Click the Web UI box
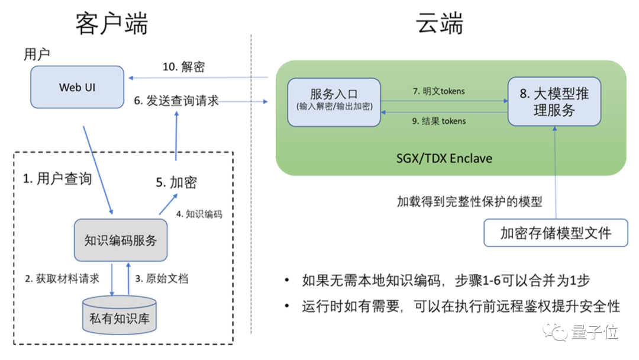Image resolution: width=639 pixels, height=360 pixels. (x=78, y=87)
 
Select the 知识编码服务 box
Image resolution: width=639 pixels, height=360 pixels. (x=121, y=240)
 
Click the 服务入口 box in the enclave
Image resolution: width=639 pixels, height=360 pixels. (x=334, y=101)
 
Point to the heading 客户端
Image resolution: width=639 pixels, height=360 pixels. (x=111, y=24)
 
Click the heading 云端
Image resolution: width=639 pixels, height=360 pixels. (x=440, y=24)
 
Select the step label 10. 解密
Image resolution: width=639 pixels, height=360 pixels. (x=183, y=67)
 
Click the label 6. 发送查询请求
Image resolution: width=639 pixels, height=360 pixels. (x=176, y=101)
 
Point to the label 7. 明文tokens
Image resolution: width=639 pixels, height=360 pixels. (x=438, y=91)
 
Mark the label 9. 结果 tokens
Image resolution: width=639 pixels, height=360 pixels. (x=438, y=121)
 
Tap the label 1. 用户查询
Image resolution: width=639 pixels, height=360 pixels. (x=57, y=178)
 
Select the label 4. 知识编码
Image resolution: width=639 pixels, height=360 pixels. (x=199, y=214)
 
